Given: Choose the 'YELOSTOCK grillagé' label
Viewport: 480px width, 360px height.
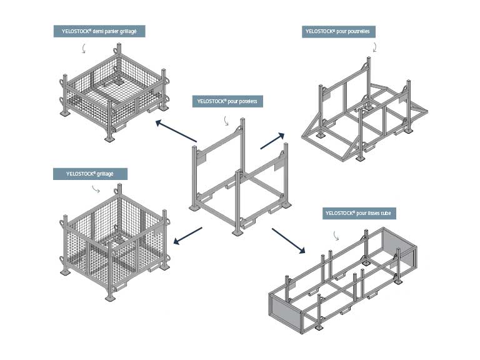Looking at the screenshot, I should [x=90, y=174].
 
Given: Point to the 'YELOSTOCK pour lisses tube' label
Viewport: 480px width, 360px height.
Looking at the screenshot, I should [x=359, y=214].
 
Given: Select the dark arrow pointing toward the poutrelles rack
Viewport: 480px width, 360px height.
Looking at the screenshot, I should [x=272, y=141].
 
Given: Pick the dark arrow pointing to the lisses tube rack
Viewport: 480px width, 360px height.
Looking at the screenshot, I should [x=288, y=241].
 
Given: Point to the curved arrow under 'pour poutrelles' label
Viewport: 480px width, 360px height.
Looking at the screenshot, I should [x=374, y=47].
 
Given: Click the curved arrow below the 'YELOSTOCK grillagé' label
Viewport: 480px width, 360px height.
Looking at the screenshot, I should [x=95, y=189].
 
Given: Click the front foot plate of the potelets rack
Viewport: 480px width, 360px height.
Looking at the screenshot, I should [x=239, y=233].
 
